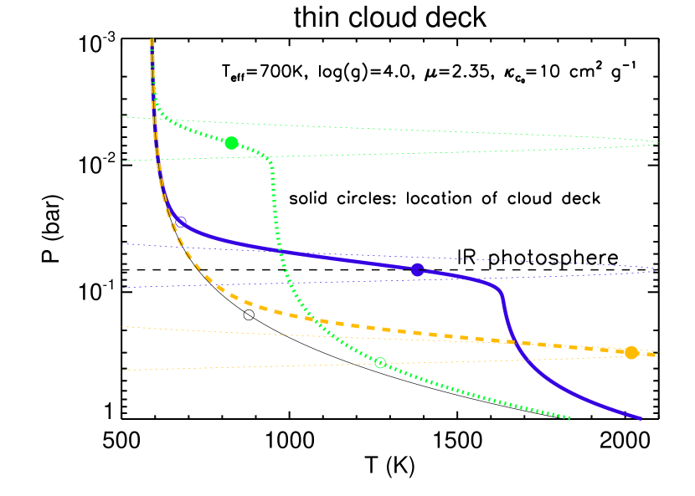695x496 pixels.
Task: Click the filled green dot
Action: pos(232,143)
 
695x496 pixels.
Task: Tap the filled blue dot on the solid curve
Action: pos(418,269)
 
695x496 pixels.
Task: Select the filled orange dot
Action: pos(631,353)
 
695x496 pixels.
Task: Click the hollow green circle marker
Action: pos(380,363)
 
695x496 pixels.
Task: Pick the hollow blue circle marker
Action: pos(180,222)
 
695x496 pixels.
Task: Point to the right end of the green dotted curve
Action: pos(570,418)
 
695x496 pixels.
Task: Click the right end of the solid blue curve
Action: pos(641,418)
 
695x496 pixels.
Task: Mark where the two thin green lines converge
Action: pos(658,142)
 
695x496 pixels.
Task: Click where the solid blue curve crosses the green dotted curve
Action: pos(281,251)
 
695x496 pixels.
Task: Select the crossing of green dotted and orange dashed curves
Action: pos(312,320)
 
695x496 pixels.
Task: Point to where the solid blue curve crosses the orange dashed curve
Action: pos(514,341)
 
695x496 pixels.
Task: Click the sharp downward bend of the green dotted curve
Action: pos(270,161)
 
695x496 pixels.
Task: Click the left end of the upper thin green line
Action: pos(122,117)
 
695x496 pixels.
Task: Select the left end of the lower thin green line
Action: pos(122,161)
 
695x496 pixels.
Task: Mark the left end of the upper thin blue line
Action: pos(122,244)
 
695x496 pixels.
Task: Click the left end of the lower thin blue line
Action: pos(122,288)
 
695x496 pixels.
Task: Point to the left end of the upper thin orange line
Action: pos(122,327)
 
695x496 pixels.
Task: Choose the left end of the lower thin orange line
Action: pos(122,371)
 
